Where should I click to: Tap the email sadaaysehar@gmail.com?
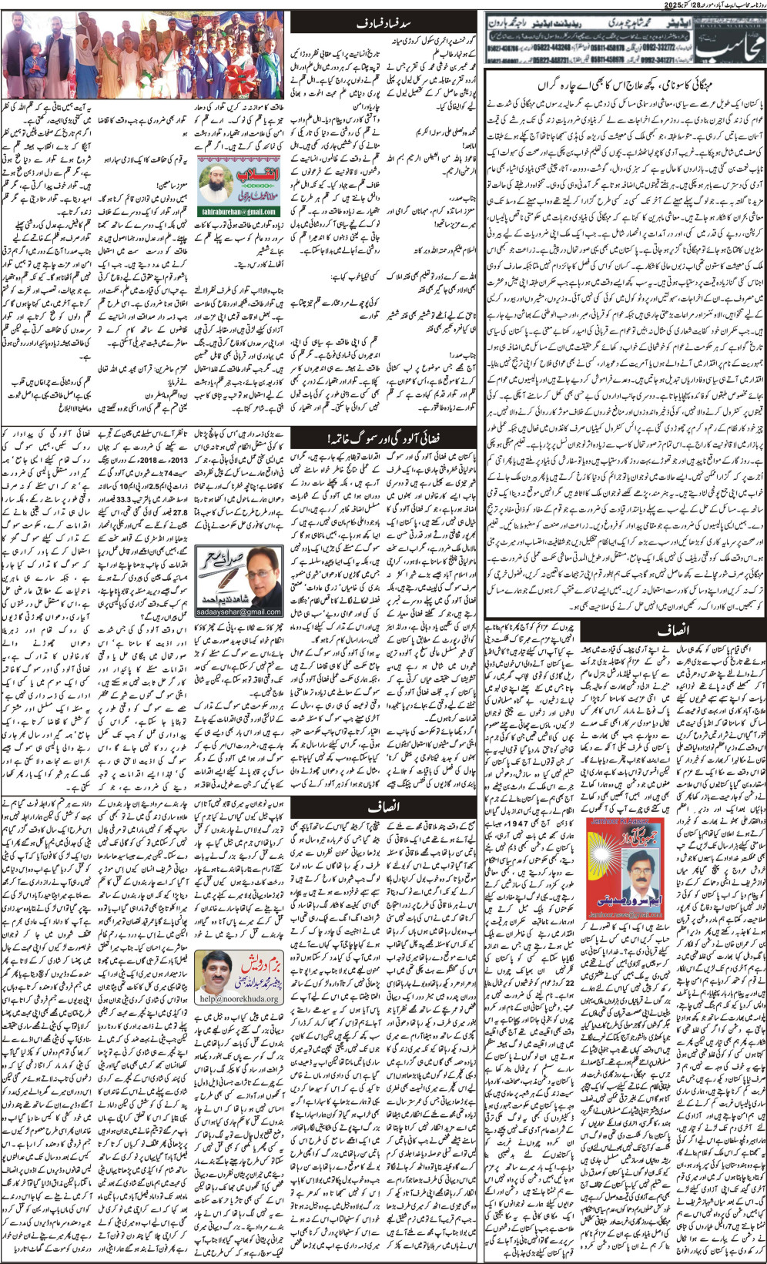[238, 612]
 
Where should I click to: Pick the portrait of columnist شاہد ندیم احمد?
[253, 574]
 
